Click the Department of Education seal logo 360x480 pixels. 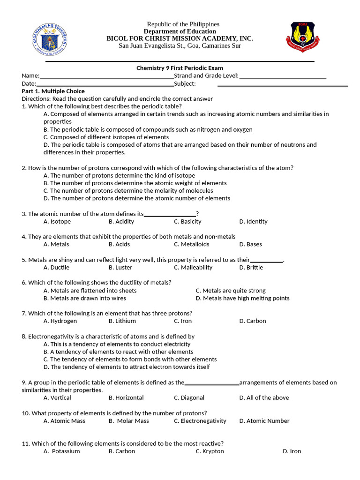[x=48, y=38]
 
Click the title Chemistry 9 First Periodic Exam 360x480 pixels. [x=180, y=68]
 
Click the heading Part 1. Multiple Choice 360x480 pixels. [x=53, y=91]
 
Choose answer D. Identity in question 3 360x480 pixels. [x=253, y=221]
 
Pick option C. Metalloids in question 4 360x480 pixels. [x=191, y=244]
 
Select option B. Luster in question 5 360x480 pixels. [x=120, y=267]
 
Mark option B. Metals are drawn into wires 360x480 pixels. [x=84, y=298]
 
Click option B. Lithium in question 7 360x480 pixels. [x=122, y=321]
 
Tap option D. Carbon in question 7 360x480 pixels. [x=252, y=321]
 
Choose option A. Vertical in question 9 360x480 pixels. [x=57, y=397]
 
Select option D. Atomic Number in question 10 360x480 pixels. [x=264, y=421]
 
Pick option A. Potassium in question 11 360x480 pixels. [x=61, y=451]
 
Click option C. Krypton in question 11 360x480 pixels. [x=210, y=451]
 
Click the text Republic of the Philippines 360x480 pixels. [x=183, y=24]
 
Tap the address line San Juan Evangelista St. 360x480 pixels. [x=180, y=45]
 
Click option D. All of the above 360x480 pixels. [x=264, y=397]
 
